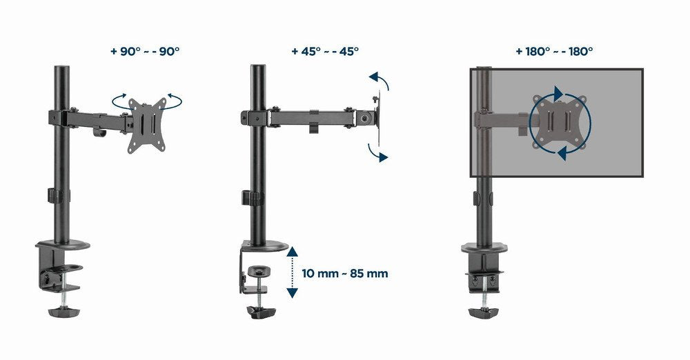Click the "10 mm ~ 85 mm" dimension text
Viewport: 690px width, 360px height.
pyautogui.click(x=345, y=273)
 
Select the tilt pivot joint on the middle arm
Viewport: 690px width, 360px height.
pyautogui.click(x=364, y=118)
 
